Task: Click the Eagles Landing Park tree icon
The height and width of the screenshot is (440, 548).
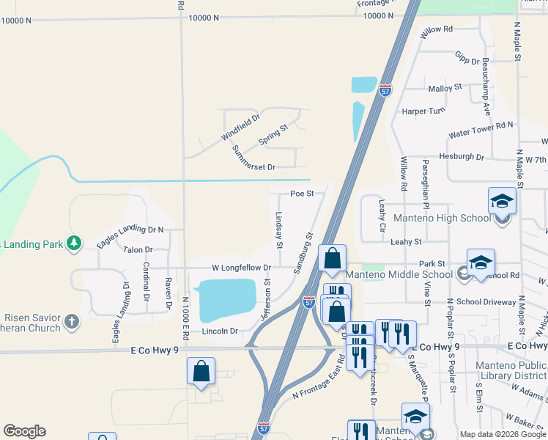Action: tap(73, 243)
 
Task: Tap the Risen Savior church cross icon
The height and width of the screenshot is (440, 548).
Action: tap(71, 321)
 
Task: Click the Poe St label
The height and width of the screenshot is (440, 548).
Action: tap(302, 194)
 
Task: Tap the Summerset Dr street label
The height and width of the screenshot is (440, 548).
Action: tap(253, 158)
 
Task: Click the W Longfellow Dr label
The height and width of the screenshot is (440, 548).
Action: tap(242, 268)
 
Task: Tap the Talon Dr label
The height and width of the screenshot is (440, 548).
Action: tap(138, 251)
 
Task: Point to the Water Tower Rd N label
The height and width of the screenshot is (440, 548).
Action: tap(481, 130)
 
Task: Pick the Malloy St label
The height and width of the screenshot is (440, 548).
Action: tap(445, 88)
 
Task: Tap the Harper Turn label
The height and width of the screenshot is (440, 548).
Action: tap(423, 111)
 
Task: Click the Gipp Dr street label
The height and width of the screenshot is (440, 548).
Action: tap(467, 59)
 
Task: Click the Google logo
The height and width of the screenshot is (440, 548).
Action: tap(24, 431)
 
